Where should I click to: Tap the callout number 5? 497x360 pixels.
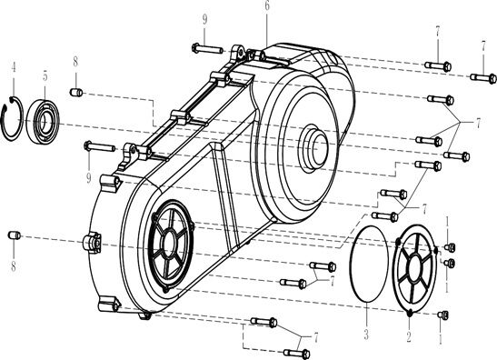point(45,76)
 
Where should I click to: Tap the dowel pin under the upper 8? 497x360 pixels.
point(77,91)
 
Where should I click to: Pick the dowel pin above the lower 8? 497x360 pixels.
point(14,236)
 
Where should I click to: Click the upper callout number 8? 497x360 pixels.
point(75,63)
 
